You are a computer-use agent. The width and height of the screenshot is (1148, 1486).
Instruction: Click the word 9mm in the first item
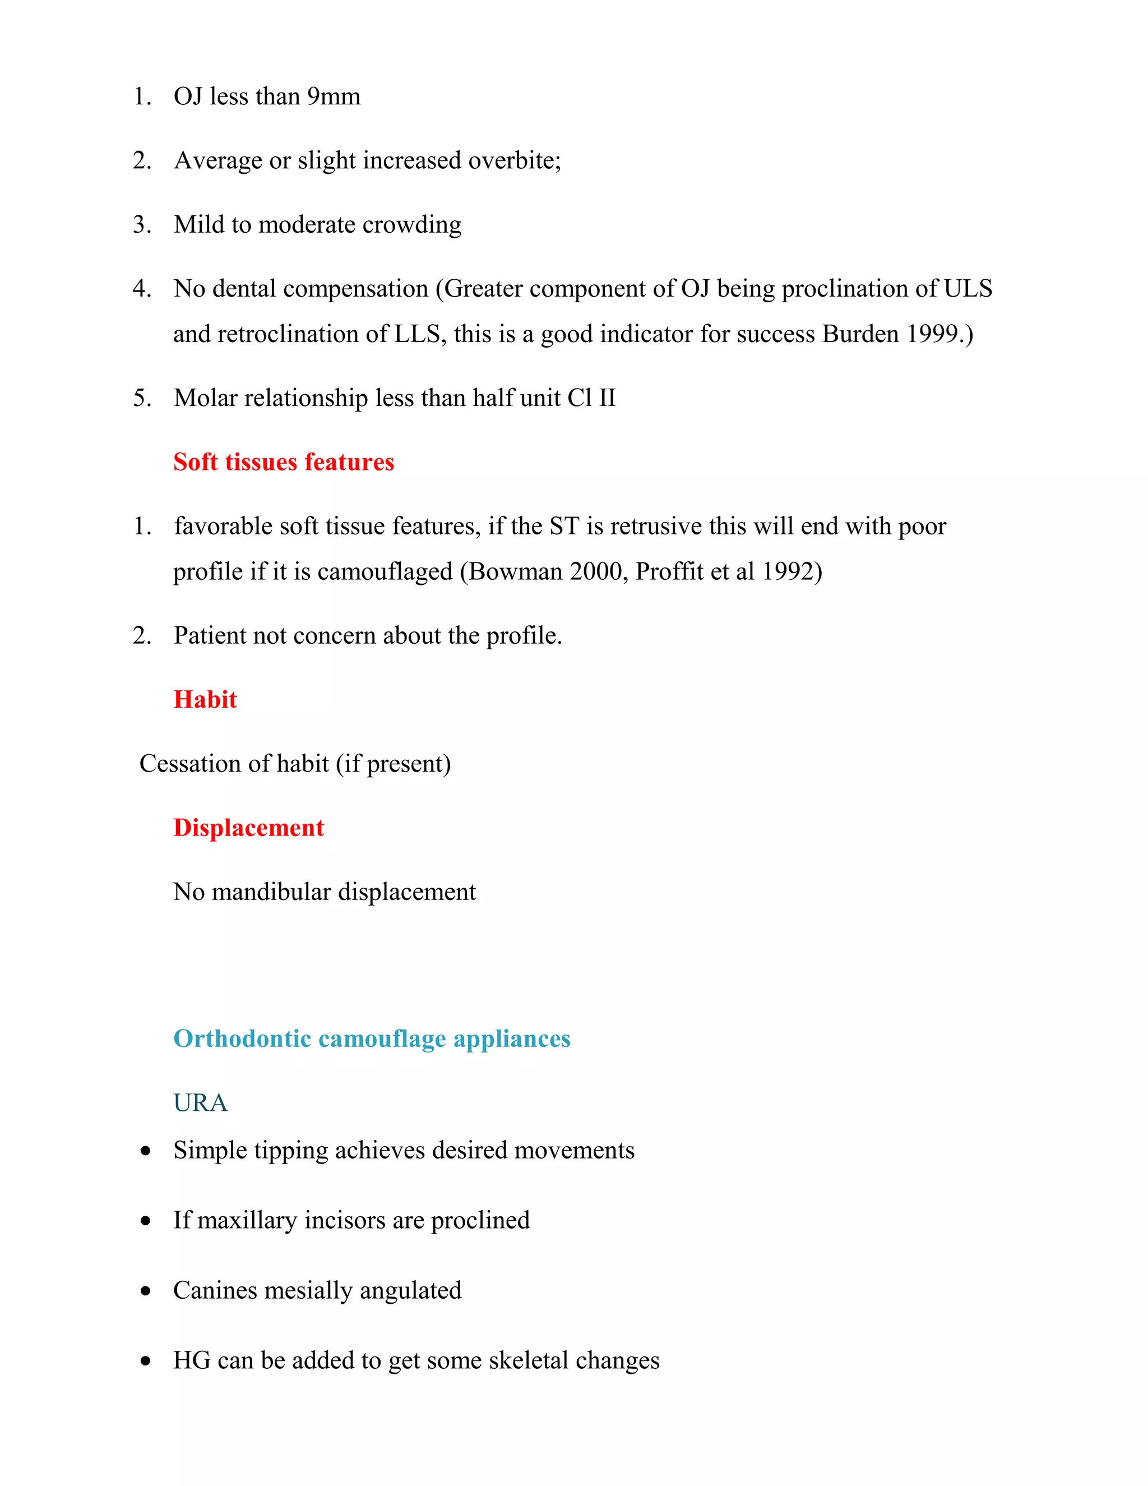coord(334,96)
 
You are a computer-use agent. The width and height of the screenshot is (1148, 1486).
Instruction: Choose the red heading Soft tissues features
coord(284,462)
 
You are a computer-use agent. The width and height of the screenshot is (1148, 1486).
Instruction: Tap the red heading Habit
coord(205,699)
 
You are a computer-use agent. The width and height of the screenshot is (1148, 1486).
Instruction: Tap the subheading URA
coord(200,1103)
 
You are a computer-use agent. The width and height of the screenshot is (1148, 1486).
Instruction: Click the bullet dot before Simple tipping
coord(146,1151)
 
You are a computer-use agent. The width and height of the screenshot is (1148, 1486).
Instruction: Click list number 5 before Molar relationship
coord(141,398)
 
